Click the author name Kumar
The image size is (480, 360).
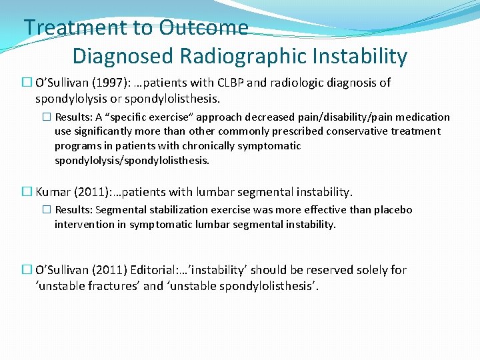[x=53, y=192]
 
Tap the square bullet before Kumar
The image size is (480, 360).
[x=27, y=192]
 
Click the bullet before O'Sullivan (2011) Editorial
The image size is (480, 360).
[x=27, y=270]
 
